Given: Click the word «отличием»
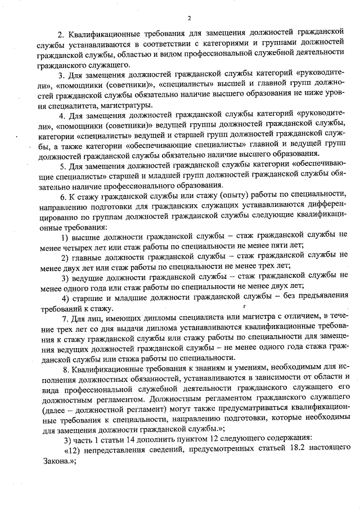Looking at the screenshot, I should click(299, 318).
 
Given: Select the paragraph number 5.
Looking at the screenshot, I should click(63, 165).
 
